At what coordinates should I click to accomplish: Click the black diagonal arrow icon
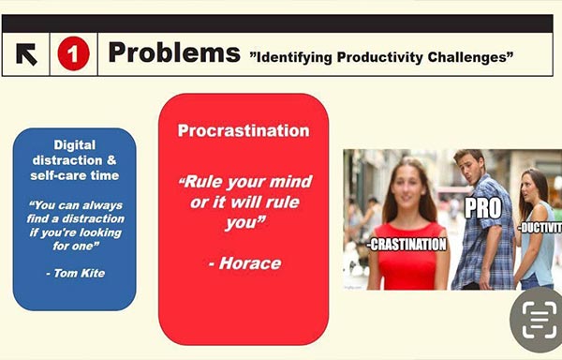coord(26,54)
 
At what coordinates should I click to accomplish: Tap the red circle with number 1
coord(73,53)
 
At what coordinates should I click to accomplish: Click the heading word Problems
coord(174,52)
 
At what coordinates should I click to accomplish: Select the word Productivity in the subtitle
coord(379,57)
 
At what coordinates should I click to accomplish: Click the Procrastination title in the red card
coord(244,130)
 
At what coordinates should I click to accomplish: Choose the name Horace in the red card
coord(250,263)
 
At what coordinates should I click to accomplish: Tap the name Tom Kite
coord(80,273)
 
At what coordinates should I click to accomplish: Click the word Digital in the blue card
coord(75,145)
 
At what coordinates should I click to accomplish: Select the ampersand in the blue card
coord(111,160)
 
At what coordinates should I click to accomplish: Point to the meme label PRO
coord(482,208)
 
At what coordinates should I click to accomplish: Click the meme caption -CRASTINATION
coord(407,245)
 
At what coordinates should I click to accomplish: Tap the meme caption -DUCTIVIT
coord(540,228)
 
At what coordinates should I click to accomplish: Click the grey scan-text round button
coord(537,320)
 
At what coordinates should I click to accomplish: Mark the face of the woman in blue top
coord(529,189)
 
